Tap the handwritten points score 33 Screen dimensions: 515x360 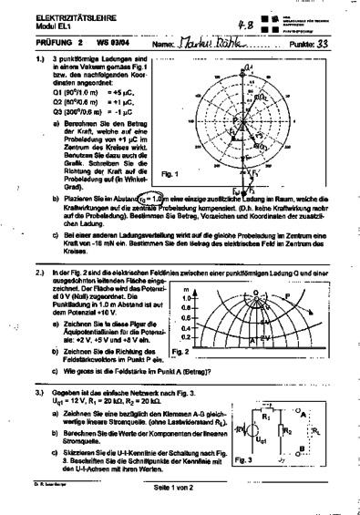pyautogui.click(x=323, y=43)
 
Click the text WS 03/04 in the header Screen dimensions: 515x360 pyautogui.click(x=112, y=43)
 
